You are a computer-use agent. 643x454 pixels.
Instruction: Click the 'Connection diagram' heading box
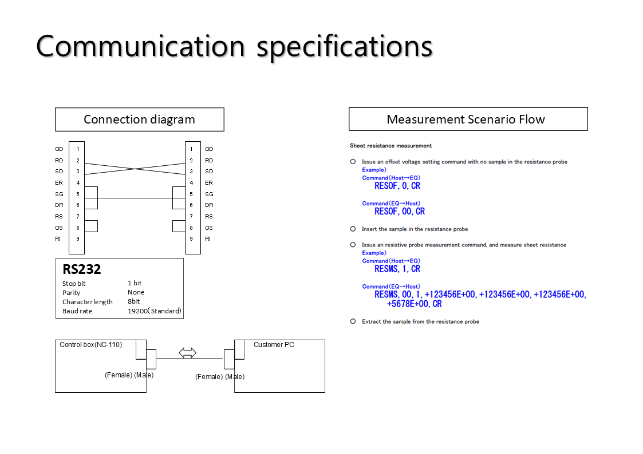point(139,120)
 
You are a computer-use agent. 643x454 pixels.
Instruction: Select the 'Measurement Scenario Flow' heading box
point(468,120)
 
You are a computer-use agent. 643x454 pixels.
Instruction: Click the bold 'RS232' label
point(82,269)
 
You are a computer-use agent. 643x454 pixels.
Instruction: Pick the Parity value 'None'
point(136,292)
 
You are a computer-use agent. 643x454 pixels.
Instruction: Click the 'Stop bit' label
point(74,284)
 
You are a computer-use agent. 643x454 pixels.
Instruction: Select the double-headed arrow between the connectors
point(188,353)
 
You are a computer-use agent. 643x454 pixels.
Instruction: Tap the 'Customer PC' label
point(274,345)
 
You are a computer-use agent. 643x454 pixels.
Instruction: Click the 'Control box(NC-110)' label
point(91,344)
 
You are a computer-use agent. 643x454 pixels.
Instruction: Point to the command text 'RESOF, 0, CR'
point(397,186)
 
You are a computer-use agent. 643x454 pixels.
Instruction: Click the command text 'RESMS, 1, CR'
point(397,269)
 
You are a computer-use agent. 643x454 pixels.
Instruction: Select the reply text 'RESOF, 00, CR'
point(400,212)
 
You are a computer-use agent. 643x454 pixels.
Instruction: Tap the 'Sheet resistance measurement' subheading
point(391,146)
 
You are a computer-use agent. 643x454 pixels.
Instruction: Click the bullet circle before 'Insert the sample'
point(353,229)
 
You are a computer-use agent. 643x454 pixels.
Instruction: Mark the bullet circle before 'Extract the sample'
point(353,321)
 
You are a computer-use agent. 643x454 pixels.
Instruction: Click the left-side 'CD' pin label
point(59,149)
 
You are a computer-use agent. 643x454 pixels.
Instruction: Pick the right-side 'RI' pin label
point(208,238)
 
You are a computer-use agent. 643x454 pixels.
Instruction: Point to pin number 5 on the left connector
point(78,194)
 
